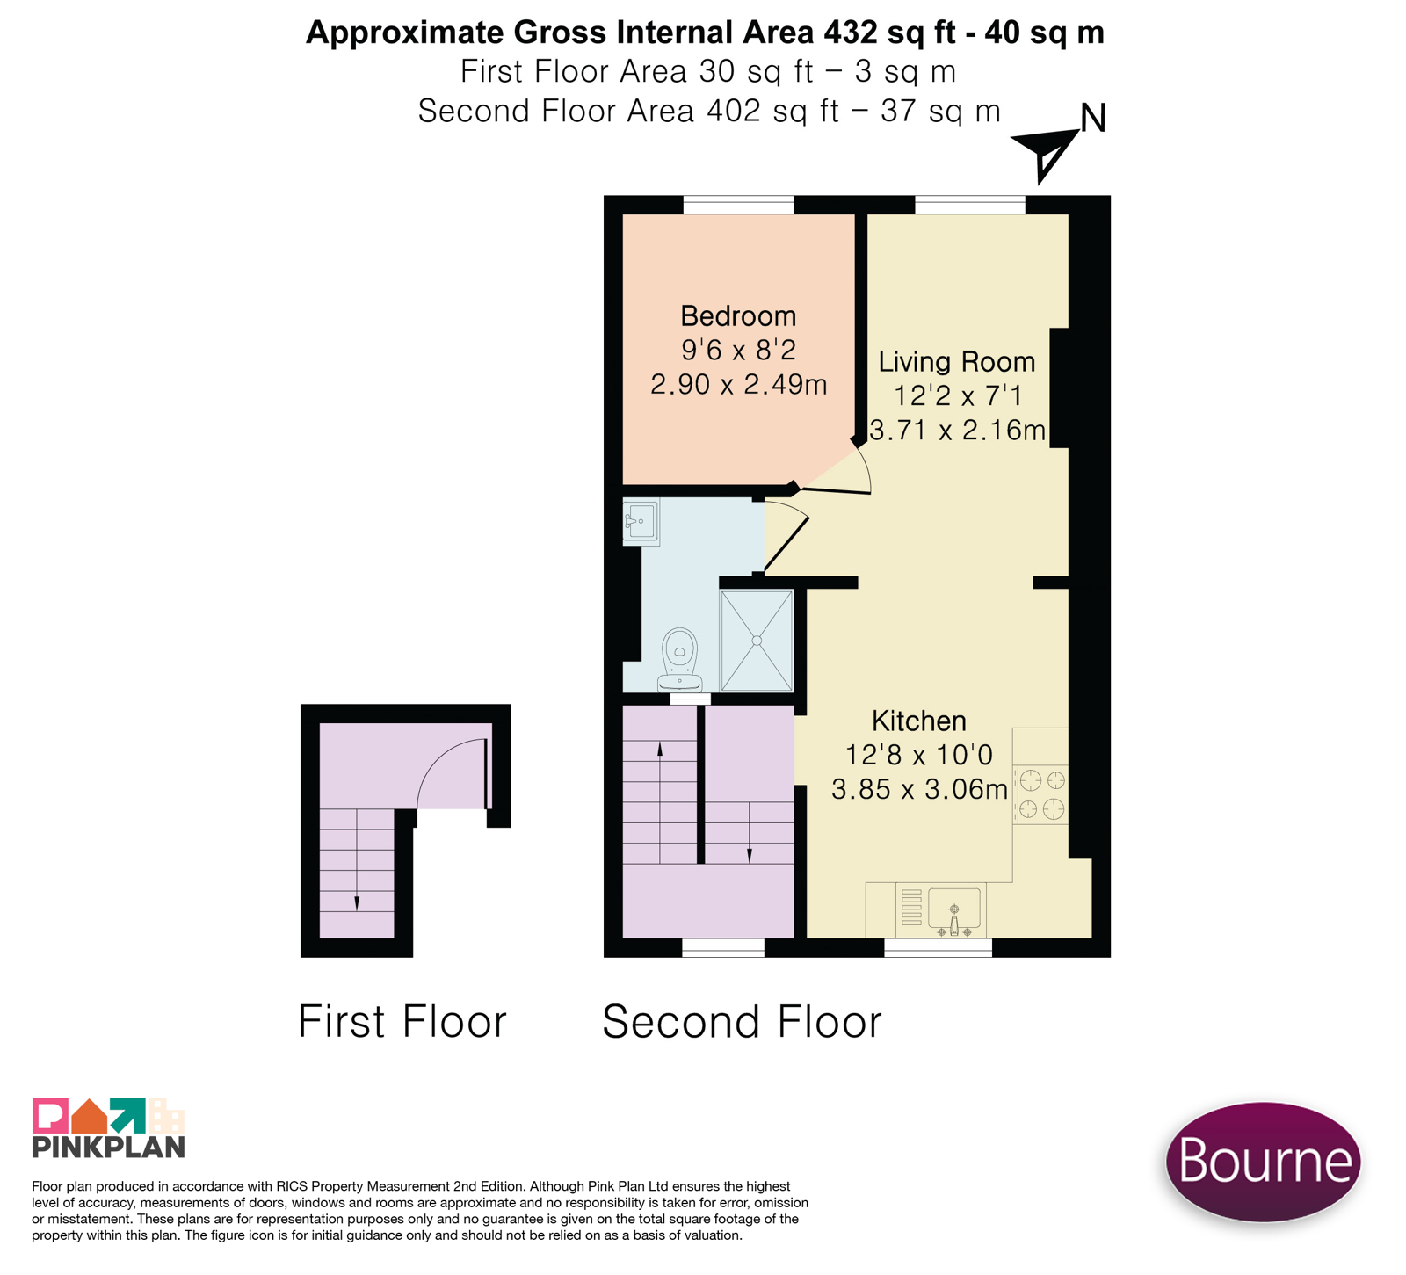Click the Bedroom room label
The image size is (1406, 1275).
coord(738,316)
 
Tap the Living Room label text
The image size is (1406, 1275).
coord(957,362)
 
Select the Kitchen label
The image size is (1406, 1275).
coord(919,721)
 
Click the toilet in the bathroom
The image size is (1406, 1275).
coord(680,660)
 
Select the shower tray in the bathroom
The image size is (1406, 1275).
coord(757,641)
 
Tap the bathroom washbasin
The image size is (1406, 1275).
coord(641,522)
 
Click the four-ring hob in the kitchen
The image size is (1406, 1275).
coord(1041,793)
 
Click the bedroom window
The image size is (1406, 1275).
coord(738,205)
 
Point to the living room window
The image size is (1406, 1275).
coord(970,205)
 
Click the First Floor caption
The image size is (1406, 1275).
coord(402,1022)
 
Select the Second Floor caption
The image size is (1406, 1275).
coord(742,1022)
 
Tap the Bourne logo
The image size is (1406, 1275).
coord(1264,1162)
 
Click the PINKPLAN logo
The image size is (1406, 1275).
coord(108,1128)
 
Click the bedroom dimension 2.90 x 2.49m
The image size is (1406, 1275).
coord(739,385)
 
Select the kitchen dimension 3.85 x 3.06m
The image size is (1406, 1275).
coord(919,790)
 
